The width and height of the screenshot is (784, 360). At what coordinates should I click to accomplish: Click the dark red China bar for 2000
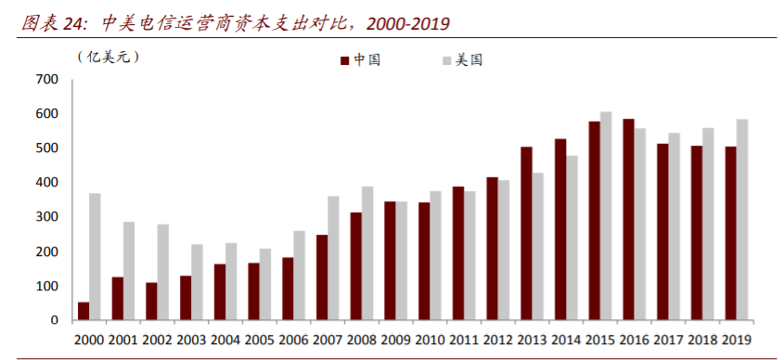click(84, 311)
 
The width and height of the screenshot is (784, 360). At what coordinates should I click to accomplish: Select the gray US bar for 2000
click(95, 256)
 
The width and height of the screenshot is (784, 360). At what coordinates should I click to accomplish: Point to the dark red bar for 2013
click(526, 233)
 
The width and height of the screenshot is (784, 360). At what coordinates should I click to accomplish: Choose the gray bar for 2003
click(197, 282)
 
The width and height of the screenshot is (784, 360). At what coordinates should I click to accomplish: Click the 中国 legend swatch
click(344, 60)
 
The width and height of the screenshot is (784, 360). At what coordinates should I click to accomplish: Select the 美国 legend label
click(469, 60)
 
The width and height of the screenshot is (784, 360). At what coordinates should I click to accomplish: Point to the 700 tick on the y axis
click(46, 80)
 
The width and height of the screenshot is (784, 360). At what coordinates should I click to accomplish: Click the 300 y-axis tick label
click(46, 217)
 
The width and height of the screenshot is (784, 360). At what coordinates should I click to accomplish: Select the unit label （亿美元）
click(108, 58)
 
